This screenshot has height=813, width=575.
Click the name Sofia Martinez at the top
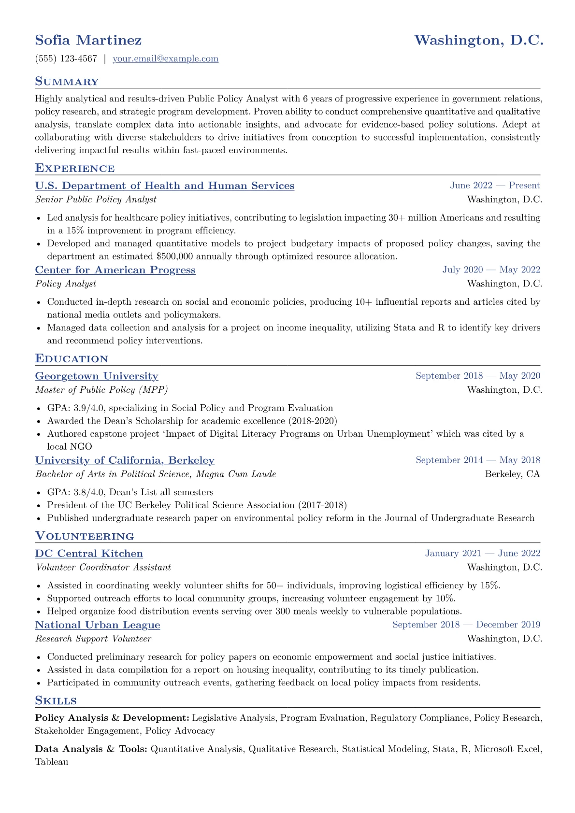coord(88,40)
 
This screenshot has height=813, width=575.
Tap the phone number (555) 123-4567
coord(66,59)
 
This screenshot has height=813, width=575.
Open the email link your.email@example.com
coord(165,59)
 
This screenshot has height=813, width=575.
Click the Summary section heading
coord(67,82)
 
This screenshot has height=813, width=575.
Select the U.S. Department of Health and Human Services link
coord(164,185)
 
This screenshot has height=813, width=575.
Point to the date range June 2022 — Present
coord(495,185)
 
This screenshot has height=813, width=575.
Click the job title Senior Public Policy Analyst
coord(96,200)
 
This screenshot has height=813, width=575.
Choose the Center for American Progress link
coord(115,270)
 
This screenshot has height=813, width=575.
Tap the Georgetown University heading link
coord(97,376)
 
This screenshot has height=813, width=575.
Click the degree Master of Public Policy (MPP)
coord(101,390)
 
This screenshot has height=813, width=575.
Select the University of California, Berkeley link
coord(125,460)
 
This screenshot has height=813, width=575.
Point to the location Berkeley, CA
coord(512,474)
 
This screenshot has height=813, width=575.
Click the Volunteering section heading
coord(85,536)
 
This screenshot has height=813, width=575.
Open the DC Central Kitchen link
coord(89,554)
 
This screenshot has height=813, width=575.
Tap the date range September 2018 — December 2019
coord(466,625)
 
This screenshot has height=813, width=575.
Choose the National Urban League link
coord(98,625)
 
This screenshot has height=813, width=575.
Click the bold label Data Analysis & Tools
coord(91,749)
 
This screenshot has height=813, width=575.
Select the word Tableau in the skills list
coord(52,762)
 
